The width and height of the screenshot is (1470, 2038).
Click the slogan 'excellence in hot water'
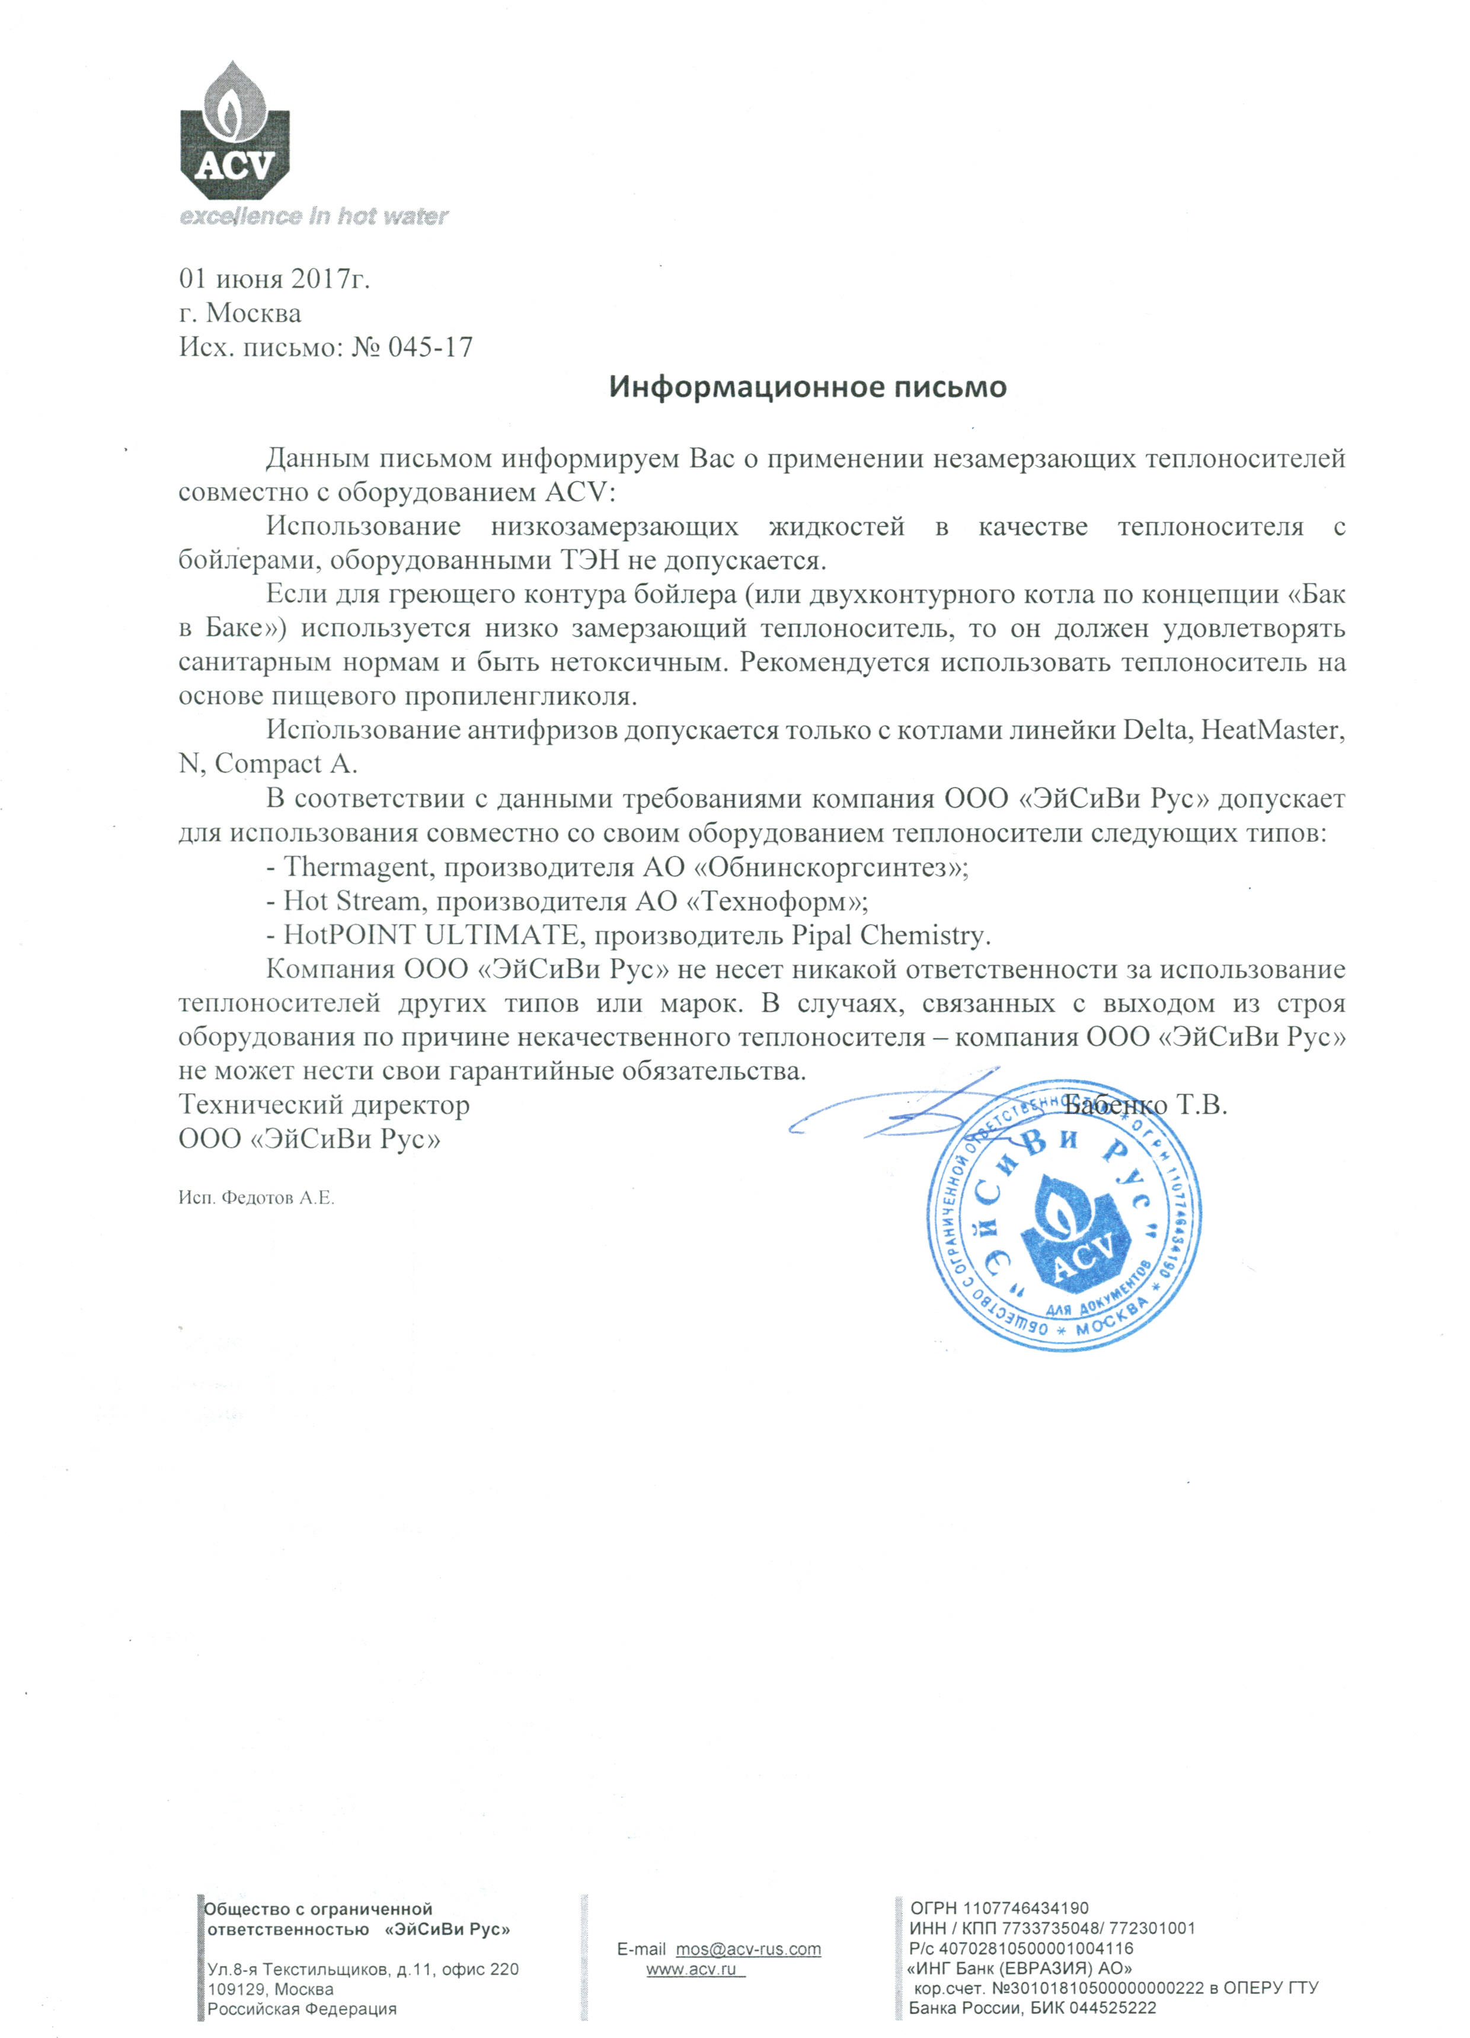click(314, 216)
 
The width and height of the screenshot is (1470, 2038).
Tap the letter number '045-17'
click(430, 347)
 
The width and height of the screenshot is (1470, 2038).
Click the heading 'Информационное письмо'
click(808, 387)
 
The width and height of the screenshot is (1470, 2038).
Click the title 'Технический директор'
click(324, 1104)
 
